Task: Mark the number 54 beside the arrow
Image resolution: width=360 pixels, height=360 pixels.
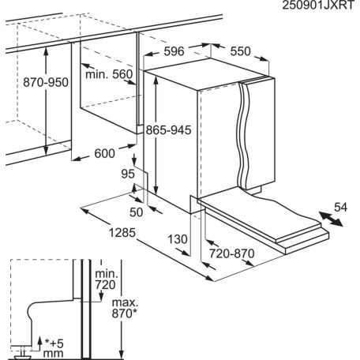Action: tap(339, 208)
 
